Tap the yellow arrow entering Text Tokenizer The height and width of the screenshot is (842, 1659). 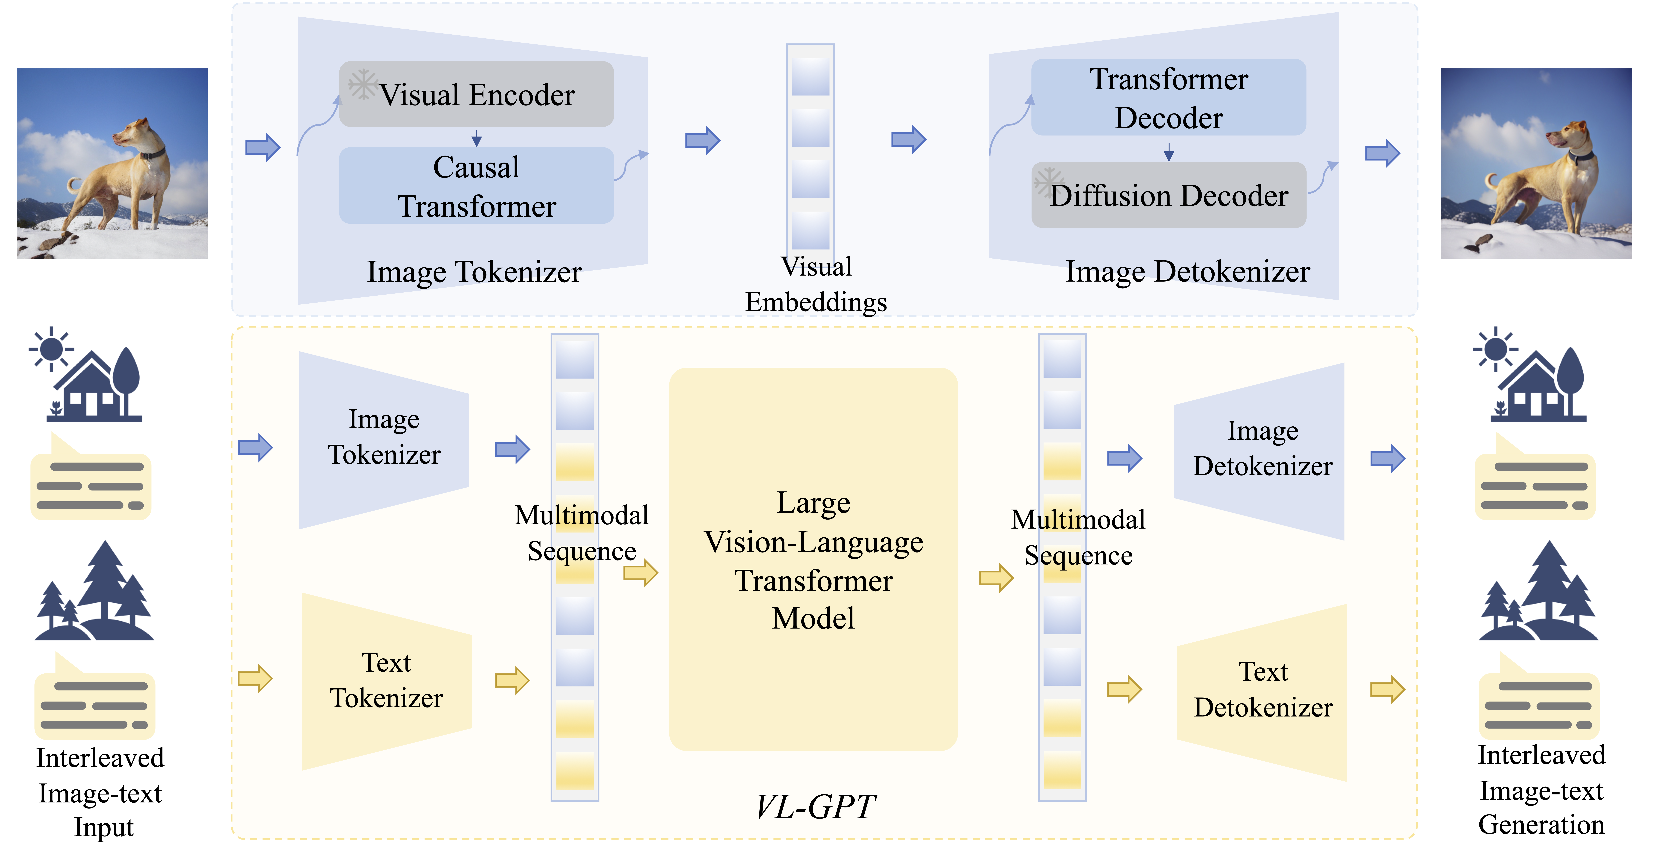(255, 678)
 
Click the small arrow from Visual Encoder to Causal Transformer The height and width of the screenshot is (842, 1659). (477, 138)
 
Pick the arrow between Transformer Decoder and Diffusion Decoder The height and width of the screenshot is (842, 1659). (1169, 152)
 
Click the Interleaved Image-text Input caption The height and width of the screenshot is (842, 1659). (100, 792)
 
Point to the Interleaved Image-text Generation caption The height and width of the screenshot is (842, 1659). (1541, 790)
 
